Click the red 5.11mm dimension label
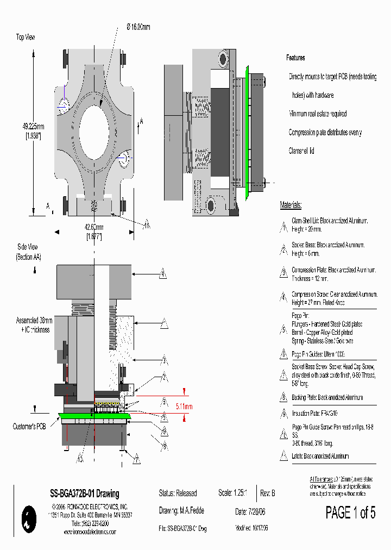184,406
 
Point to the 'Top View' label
27,37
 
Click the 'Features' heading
295,58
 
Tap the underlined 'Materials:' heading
291,205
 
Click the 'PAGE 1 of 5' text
350,512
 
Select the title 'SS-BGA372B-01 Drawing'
84,494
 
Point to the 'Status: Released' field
178,493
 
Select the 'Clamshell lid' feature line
301,151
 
